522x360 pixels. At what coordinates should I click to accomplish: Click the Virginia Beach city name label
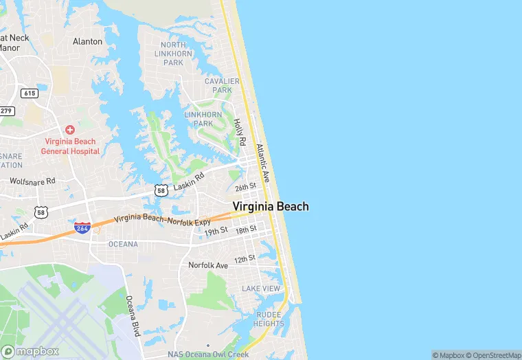271,206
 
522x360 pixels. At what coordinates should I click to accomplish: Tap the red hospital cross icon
70,130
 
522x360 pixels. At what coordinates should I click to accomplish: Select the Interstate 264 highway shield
82,228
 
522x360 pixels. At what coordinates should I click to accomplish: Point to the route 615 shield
29,93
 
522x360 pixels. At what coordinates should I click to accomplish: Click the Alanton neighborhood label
87,41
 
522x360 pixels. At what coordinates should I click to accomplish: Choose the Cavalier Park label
222,85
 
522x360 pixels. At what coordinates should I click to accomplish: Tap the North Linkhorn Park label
173,54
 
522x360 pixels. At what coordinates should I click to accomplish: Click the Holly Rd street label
240,131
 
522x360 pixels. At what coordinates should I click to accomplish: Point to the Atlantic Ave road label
263,162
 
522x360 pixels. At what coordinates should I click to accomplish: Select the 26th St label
245,187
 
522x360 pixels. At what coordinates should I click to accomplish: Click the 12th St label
244,258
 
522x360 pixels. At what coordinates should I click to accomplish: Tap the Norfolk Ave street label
207,265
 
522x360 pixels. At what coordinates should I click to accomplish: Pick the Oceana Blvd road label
133,315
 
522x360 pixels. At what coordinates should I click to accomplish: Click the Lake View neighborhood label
261,289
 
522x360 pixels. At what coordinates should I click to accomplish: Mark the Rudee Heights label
268,319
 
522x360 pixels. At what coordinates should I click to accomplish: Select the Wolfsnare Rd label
32,181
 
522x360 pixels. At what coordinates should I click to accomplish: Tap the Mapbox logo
31,351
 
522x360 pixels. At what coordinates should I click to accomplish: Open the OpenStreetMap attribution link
493,355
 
